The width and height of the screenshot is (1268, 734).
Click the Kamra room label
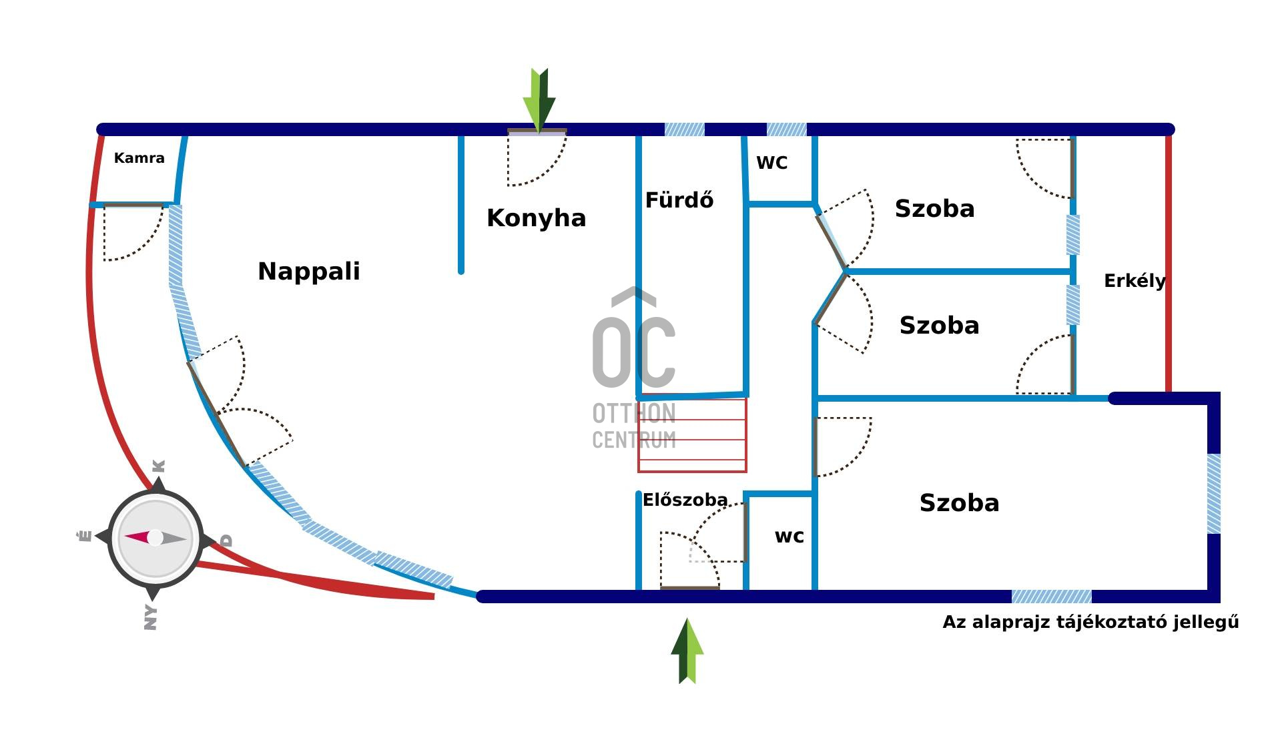tap(139, 158)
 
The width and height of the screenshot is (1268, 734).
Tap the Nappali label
tap(308, 271)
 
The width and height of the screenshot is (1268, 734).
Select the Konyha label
tap(536, 218)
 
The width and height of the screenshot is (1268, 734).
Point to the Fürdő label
tap(679, 200)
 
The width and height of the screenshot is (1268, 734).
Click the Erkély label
tap(1134, 281)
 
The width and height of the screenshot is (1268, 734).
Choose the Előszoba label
tap(685, 500)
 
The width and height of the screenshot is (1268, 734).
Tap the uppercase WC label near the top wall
tap(771, 163)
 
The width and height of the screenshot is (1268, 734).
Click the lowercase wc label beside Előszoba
tap(789, 536)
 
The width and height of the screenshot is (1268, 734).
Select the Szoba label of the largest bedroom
tap(959, 503)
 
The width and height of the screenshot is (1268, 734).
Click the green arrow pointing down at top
tap(539, 99)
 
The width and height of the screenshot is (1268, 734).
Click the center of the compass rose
tap(155, 538)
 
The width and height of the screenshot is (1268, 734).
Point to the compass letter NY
tap(151, 617)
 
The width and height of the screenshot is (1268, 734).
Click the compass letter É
tap(85, 536)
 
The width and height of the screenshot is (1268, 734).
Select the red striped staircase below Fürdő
tap(692, 435)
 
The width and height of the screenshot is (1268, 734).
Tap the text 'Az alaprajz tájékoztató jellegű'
tap(1090, 623)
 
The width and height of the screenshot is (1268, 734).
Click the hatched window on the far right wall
tap(1214, 493)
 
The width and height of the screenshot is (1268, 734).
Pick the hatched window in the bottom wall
tap(1051, 597)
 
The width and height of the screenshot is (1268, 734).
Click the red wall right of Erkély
tap(1168, 264)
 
